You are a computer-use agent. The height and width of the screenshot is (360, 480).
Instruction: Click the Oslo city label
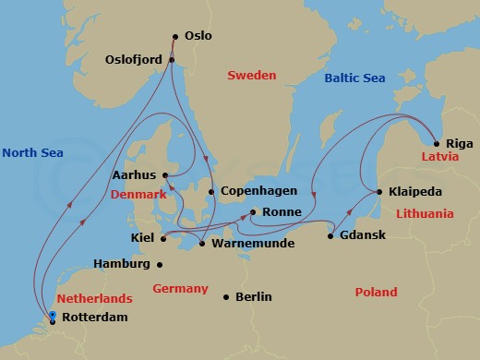pyautogui.click(x=198, y=36)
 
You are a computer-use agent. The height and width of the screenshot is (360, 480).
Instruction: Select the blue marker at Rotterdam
pyautogui.click(x=53, y=316)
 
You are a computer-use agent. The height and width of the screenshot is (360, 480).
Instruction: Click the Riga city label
pyautogui.click(x=459, y=144)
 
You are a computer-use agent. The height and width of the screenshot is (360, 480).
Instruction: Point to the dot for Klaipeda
pyautogui.click(x=379, y=192)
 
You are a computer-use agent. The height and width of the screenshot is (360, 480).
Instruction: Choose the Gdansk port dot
pyautogui.click(x=330, y=236)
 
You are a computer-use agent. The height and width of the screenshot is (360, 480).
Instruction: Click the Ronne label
pyautogui.click(x=281, y=212)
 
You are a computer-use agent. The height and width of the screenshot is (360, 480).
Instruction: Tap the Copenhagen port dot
pyautogui.click(x=211, y=192)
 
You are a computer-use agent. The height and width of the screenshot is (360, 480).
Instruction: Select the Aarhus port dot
pyautogui.click(x=164, y=174)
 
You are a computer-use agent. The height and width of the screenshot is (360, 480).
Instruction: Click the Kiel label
pyautogui.click(x=142, y=238)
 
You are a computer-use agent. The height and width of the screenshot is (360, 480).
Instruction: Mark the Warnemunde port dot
pyautogui.click(x=202, y=244)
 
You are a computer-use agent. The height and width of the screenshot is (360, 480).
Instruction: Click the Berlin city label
pyautogui.click(x=253, y=296)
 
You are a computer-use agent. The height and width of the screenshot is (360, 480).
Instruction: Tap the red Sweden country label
pyautogui.click(x=251, y=76)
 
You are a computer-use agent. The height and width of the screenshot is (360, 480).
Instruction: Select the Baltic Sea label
pyautogui.click(x=354, y=78)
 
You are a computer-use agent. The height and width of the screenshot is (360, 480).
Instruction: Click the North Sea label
pyautogui.click(x=32, y=152)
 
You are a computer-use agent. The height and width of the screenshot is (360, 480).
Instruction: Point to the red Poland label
pyautogui.click(x=376, y=293)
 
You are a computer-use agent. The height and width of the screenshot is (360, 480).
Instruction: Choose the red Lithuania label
pyautogui.click(x=425, y=213)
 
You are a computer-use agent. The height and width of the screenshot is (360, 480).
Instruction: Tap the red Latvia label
pyautogui.click(x=440, y=158)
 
